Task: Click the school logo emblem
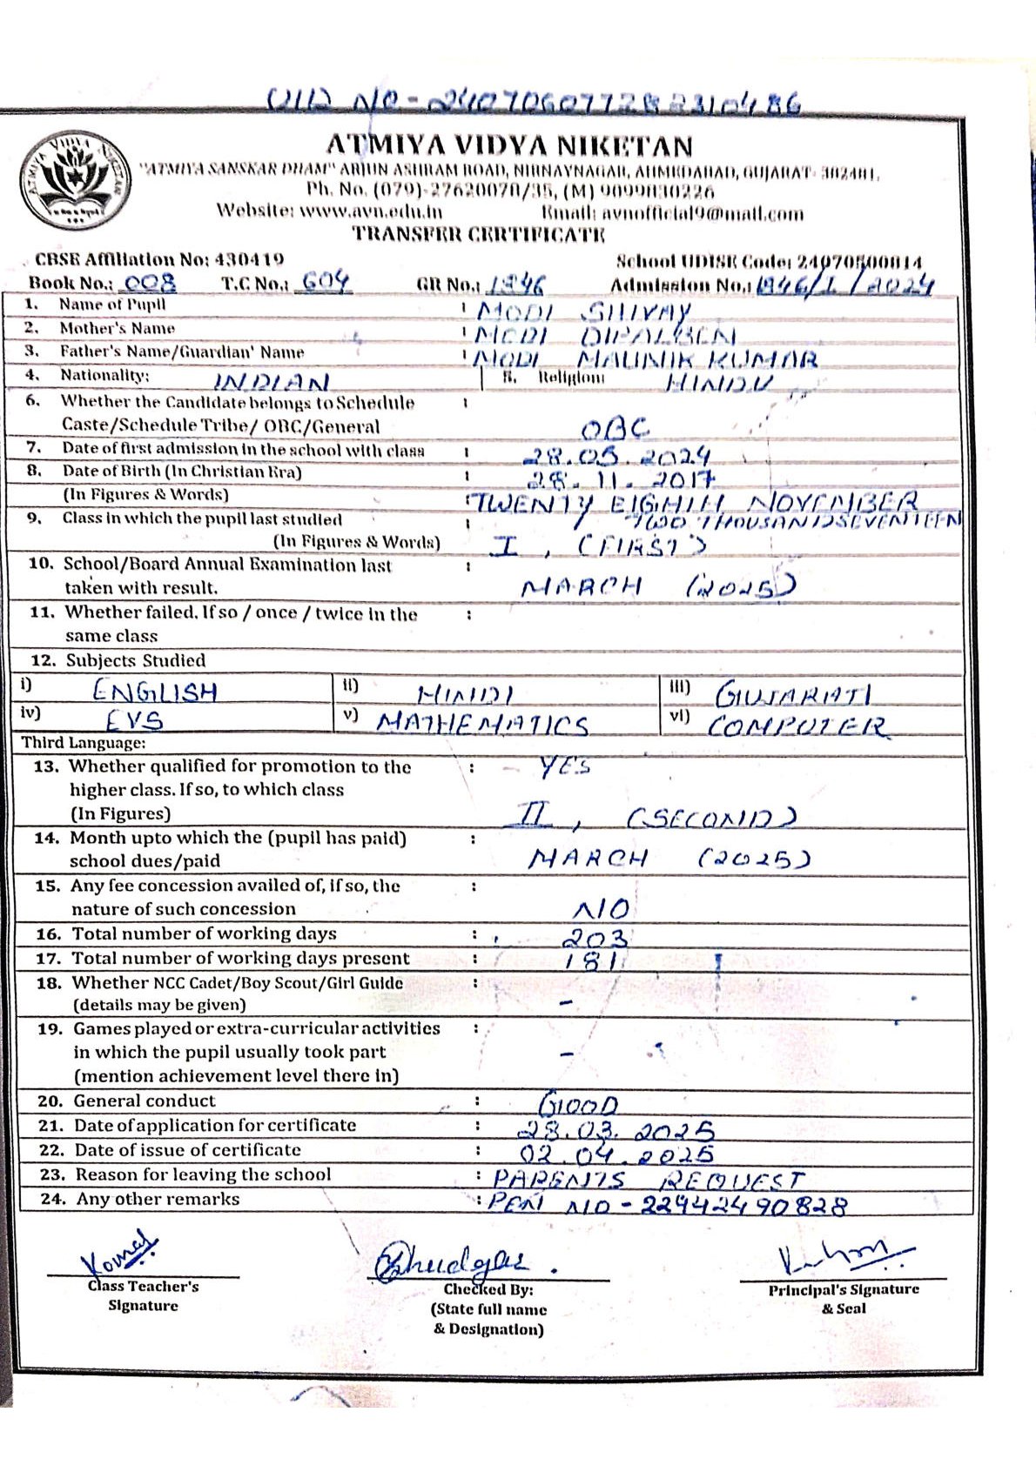(77, 179)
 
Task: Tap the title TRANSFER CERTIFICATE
(478, 234)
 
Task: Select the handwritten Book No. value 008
(151, 283)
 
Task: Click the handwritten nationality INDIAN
(272, 382)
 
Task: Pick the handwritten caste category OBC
(615, 428)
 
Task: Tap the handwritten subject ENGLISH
(155, 692)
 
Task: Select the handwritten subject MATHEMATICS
(483, 724)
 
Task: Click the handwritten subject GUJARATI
(792, 694)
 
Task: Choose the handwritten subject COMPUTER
(797, 726)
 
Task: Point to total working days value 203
(595, 938)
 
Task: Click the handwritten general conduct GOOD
(578, 1104)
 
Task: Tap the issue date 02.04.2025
(616, 1154)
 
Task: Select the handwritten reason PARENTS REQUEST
(649, 1180)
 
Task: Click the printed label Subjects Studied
(136, 660)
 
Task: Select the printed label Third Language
(84, 743)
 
